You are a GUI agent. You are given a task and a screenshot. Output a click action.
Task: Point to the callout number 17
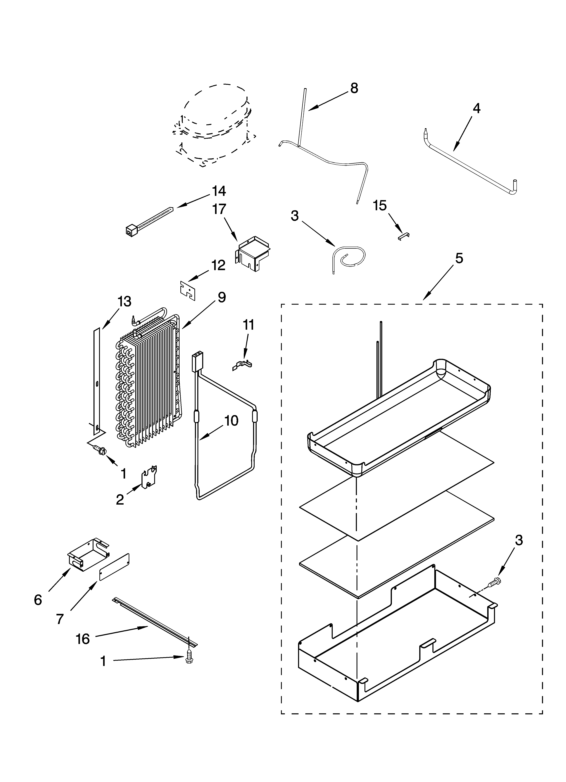tap(219, 209)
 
